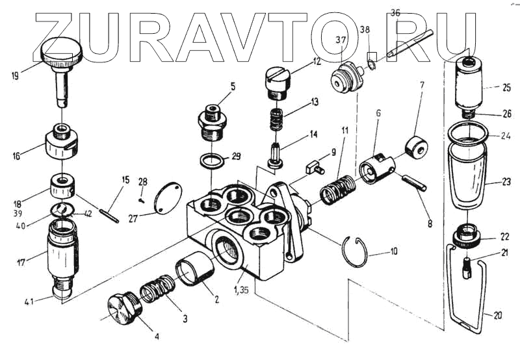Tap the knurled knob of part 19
62,51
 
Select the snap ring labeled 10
355,253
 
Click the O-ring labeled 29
209,159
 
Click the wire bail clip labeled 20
467,286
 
